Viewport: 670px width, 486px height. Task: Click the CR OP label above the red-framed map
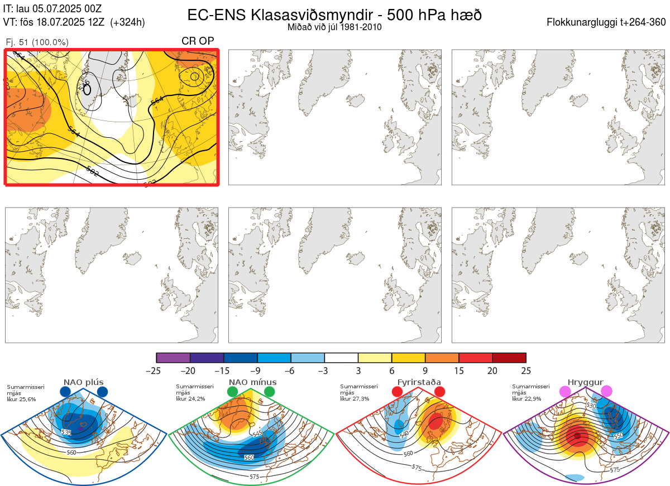tap(198, 41)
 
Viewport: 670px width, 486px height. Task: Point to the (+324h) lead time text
tap(128, 22)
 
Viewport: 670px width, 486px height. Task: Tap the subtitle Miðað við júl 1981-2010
tap(334, 27)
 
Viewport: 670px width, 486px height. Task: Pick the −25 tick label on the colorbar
tap(157, 370)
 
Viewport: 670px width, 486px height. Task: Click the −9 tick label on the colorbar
tap(257, 370)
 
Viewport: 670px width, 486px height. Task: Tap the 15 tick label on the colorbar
tap(459, 370)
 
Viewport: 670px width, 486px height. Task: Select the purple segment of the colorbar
tap(173, 358)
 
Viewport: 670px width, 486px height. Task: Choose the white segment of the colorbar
tap(341, 358)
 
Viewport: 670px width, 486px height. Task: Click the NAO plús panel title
tap(83, 382)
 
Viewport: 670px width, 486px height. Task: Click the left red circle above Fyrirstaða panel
tap(398, 392)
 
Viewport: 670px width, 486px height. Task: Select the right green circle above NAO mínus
tap(270, 392)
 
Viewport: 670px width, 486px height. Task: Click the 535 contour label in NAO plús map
tap(66, 432)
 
